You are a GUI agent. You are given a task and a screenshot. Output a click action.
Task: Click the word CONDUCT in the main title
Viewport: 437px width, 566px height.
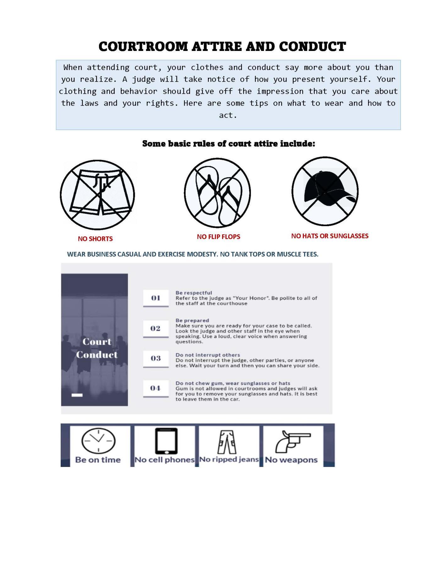pos(312,47)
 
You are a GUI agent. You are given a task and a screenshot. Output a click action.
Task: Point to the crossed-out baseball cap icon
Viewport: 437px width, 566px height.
pos(325,191)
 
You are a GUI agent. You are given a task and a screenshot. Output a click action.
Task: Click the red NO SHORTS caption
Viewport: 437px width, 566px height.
pos(95,239)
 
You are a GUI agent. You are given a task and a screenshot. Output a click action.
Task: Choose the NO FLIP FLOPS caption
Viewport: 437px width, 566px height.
pos(218,237)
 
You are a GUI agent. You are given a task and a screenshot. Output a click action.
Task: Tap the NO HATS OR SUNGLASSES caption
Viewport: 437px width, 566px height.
pos(330,236)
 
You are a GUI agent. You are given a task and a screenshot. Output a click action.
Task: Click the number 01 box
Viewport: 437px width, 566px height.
pos(156,298)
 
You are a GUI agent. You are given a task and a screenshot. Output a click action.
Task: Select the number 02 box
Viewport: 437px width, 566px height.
pos(156,328)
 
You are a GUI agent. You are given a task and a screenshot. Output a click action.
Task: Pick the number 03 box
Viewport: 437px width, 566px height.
pos(156,358)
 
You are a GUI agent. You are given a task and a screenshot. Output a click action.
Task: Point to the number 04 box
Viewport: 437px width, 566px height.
pos(156,388)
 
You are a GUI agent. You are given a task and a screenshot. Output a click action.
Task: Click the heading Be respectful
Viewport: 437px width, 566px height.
pos(194,293)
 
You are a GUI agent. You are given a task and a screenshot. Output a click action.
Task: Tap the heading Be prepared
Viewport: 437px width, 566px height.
pos(192,320)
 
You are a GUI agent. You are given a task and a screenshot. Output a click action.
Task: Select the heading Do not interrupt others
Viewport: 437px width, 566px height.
pos(208,355)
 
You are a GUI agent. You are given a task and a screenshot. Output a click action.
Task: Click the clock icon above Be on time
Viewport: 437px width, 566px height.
pos(98,440)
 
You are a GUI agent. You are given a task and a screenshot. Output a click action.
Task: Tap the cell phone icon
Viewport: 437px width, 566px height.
pos(166,441)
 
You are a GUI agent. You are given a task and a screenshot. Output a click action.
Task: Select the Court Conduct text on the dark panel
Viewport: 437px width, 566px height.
pos(96,348)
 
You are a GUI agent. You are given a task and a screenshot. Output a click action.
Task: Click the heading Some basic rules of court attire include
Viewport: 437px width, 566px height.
pos(228,144)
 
